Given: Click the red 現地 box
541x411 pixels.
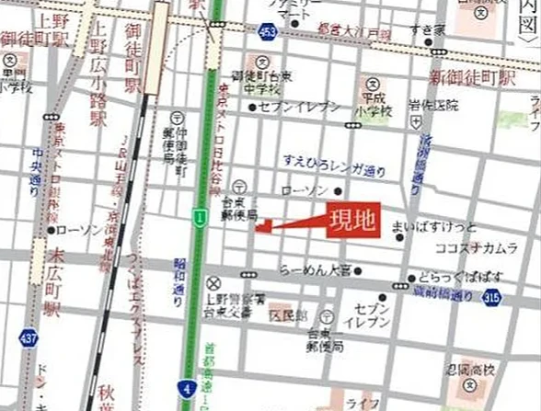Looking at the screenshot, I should point(353,223).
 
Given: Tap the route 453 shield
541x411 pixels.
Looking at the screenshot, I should point(268,33).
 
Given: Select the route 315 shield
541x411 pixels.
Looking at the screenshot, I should point(492,296).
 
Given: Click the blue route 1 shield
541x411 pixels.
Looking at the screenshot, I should point(198,215).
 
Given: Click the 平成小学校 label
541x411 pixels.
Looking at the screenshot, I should point(374,104).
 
